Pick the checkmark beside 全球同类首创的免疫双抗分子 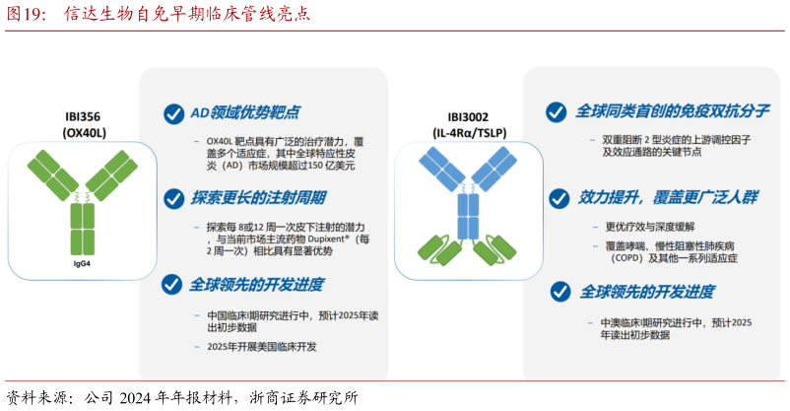pyautogui.click(x=558, y=111)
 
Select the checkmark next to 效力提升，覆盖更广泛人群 pyautogui.click(x=558, y=196)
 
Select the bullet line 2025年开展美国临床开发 pyautogui.click(x=262, y=348)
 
